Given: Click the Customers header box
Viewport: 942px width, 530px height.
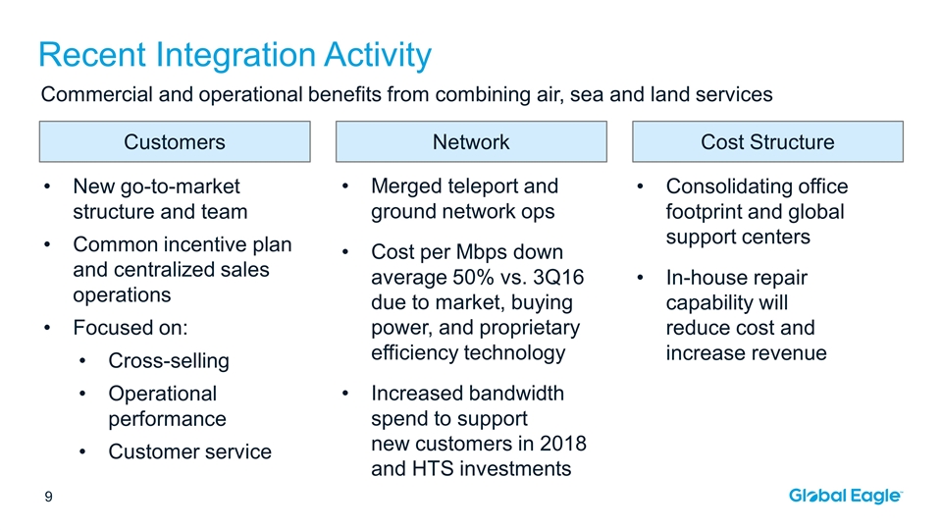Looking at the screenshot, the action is point(175,141).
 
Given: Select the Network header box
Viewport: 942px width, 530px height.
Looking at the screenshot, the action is point(471,141).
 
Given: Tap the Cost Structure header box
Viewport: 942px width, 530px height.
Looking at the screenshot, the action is point(767,141).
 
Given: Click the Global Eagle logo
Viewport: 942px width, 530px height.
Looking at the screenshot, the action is point(845,496).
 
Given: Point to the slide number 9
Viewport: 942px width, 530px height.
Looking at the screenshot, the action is point(49,497).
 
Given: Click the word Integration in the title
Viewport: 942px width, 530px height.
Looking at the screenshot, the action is point(236,55).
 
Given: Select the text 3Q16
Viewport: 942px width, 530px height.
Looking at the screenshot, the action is point(558,277).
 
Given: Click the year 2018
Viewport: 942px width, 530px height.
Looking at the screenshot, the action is point(563,444).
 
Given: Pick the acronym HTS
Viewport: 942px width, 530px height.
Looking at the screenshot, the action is point(433,469).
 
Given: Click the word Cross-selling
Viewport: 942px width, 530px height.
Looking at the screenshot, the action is point(169,360).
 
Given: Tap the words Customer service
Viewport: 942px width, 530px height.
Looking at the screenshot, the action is point(189,451).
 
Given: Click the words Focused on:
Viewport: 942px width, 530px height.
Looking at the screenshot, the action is point(131,328).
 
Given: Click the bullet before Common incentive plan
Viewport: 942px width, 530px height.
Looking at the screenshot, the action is point(47,244).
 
